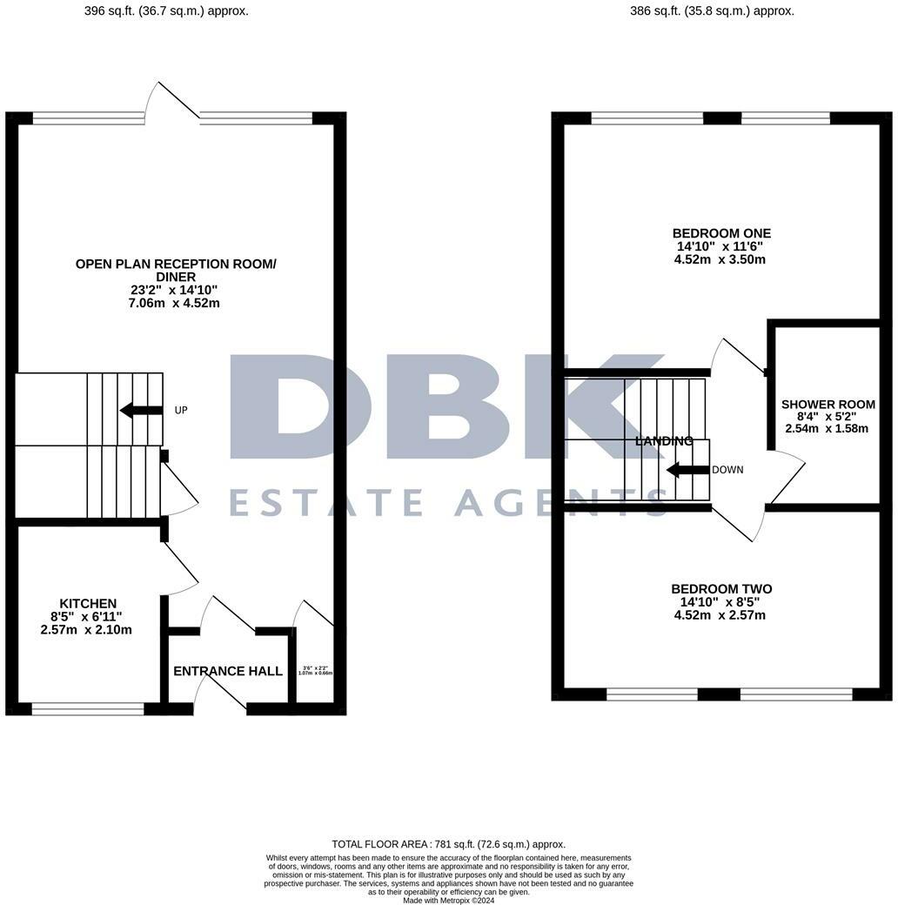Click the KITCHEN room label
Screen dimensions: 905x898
click(88, 603)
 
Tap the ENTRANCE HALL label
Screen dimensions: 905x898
click(228, 671)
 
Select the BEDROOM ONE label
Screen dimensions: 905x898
click(721, 233)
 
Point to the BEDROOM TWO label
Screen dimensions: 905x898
click(721, 589)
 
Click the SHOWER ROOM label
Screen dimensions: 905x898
click(828, 405)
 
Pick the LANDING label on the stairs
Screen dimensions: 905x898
click(664, 441)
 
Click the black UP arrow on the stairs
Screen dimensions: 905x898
click(141, 410)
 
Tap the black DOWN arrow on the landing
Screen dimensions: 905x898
click(687, 470)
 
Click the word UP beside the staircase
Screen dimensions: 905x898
click(181, 410)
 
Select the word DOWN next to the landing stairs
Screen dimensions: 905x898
click(727, 470)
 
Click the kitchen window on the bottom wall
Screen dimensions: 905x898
click(88, 709)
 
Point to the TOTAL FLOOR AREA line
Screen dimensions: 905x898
click(448, 844)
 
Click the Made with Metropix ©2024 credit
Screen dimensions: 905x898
click(448, 900)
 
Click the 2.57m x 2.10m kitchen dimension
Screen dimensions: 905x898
click(86, 629)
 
